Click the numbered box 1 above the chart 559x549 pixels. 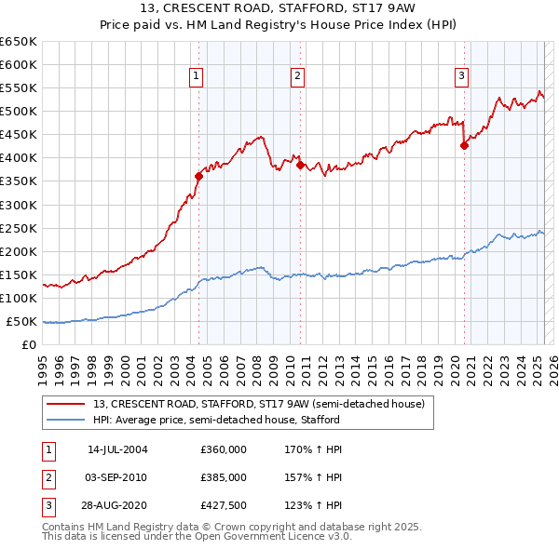[198, 77]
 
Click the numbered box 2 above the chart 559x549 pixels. [296, 77]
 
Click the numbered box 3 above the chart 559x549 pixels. [462, 77]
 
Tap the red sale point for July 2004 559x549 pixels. [199, 175]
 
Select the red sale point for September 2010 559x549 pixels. [300, 165]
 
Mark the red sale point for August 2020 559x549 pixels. [464, 145]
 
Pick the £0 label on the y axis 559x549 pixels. [29, 345]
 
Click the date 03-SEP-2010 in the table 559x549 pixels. [116, 477]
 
